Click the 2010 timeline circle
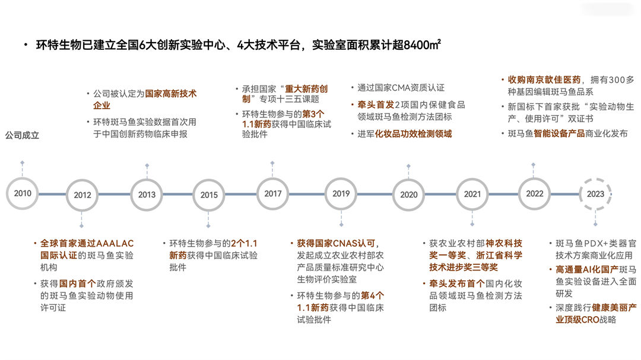point(23,193)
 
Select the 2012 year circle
point(82,195)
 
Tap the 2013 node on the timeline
point(147,195)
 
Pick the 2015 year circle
point(209,195)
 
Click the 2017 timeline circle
point(273,193)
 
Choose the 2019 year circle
point(341,194)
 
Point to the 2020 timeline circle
point(408,195)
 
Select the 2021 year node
point(472,194)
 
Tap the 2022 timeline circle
point(535,193)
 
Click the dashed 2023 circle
point(595,194)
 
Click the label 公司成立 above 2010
point(22,135)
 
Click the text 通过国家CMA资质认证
point(401,88)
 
